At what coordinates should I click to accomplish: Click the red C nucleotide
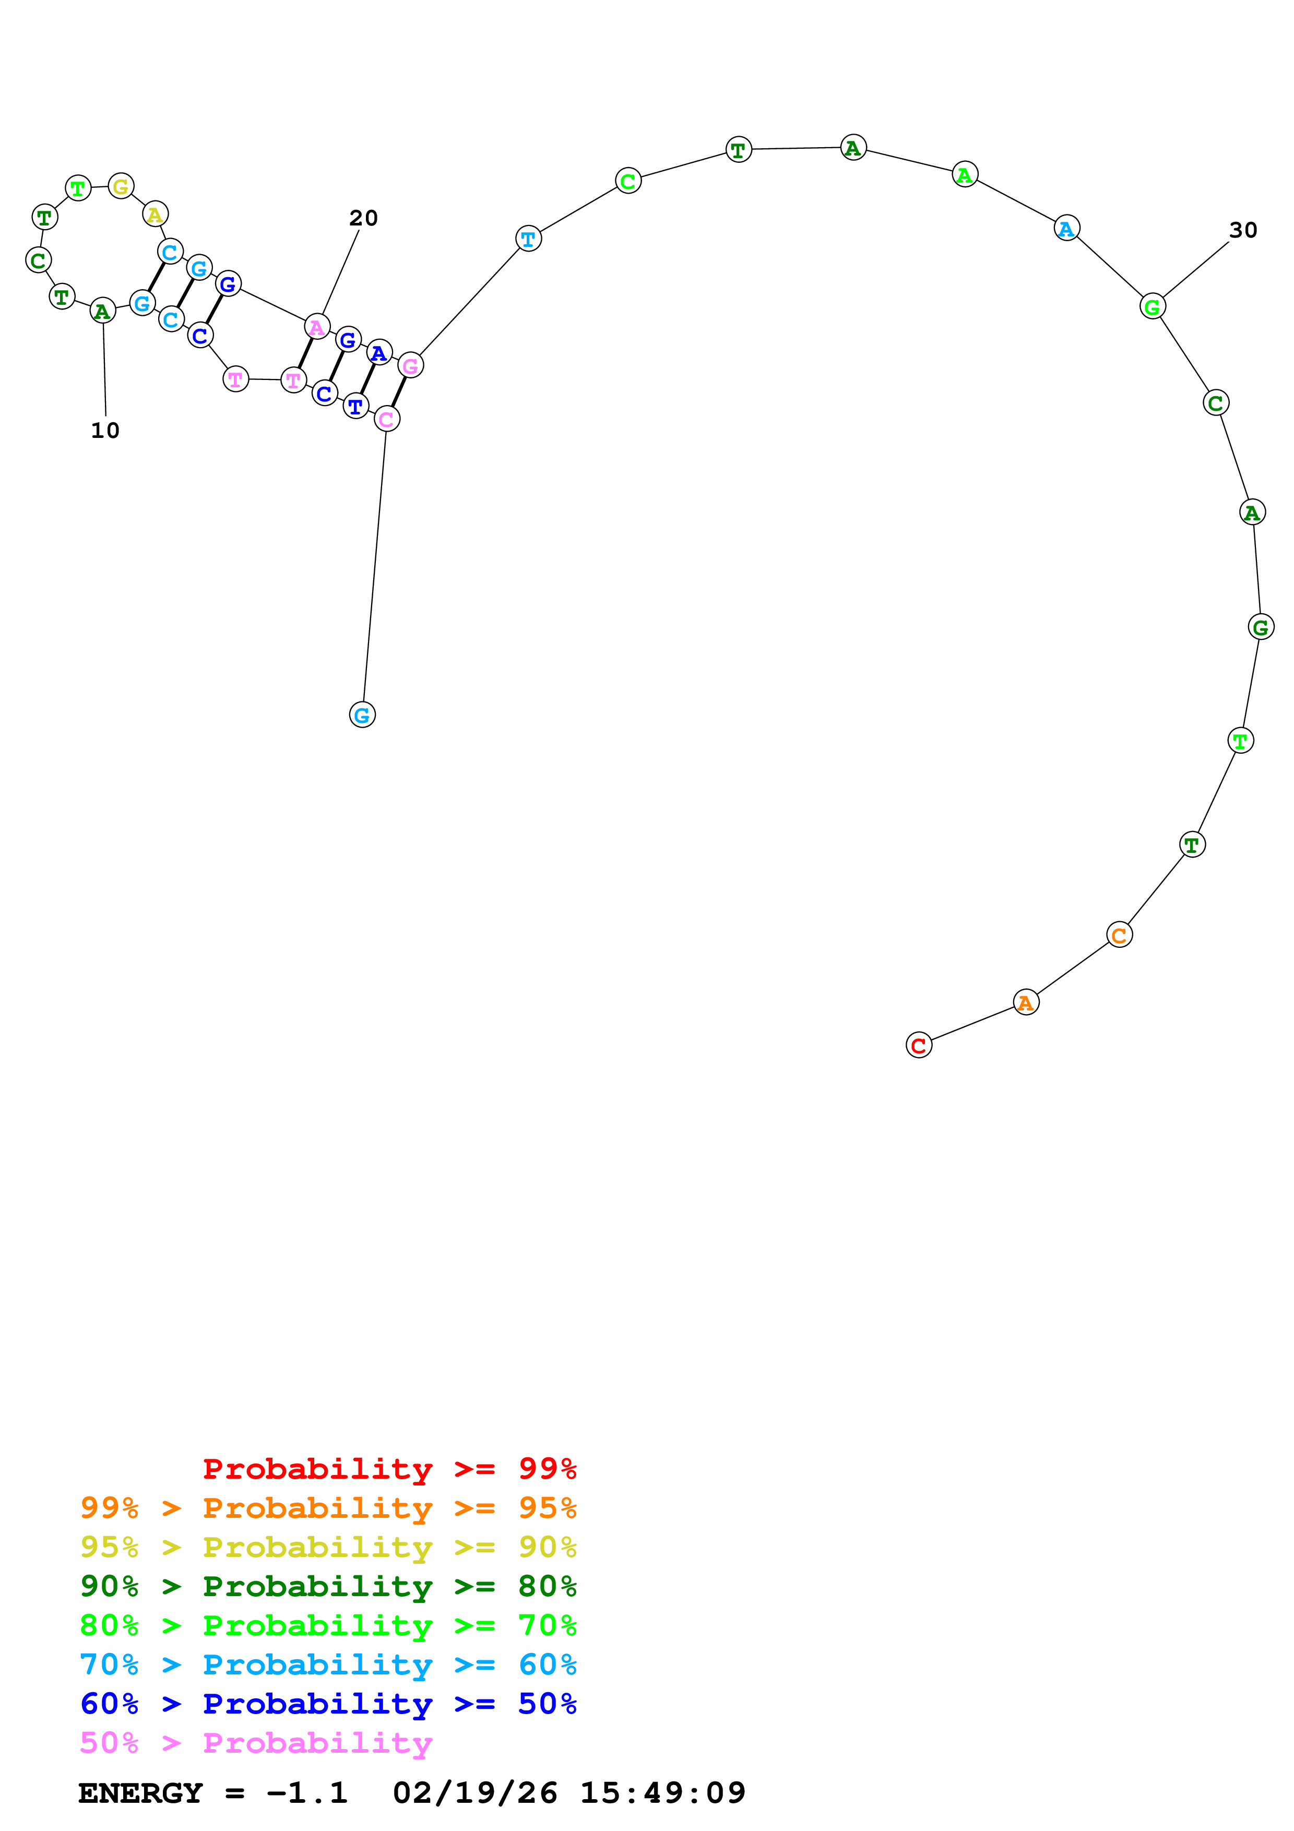[919, 1045]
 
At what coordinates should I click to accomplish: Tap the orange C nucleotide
[1119, 935]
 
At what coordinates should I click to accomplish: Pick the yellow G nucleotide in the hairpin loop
[121, 187]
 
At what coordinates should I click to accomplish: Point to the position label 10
[105, 431]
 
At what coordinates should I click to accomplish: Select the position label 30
[1243, 231]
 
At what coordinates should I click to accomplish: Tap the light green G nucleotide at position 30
[1152, 306]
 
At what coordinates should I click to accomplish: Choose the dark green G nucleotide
[1261, 627]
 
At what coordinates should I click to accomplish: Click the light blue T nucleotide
[529, 239]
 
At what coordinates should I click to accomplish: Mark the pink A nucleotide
[316, 326]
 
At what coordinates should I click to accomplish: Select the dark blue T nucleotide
[355, 406]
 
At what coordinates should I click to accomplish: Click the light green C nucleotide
[628, 181]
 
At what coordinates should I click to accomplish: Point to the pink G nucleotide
[411, 365]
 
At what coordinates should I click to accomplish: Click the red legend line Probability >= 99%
[389, 1468]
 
